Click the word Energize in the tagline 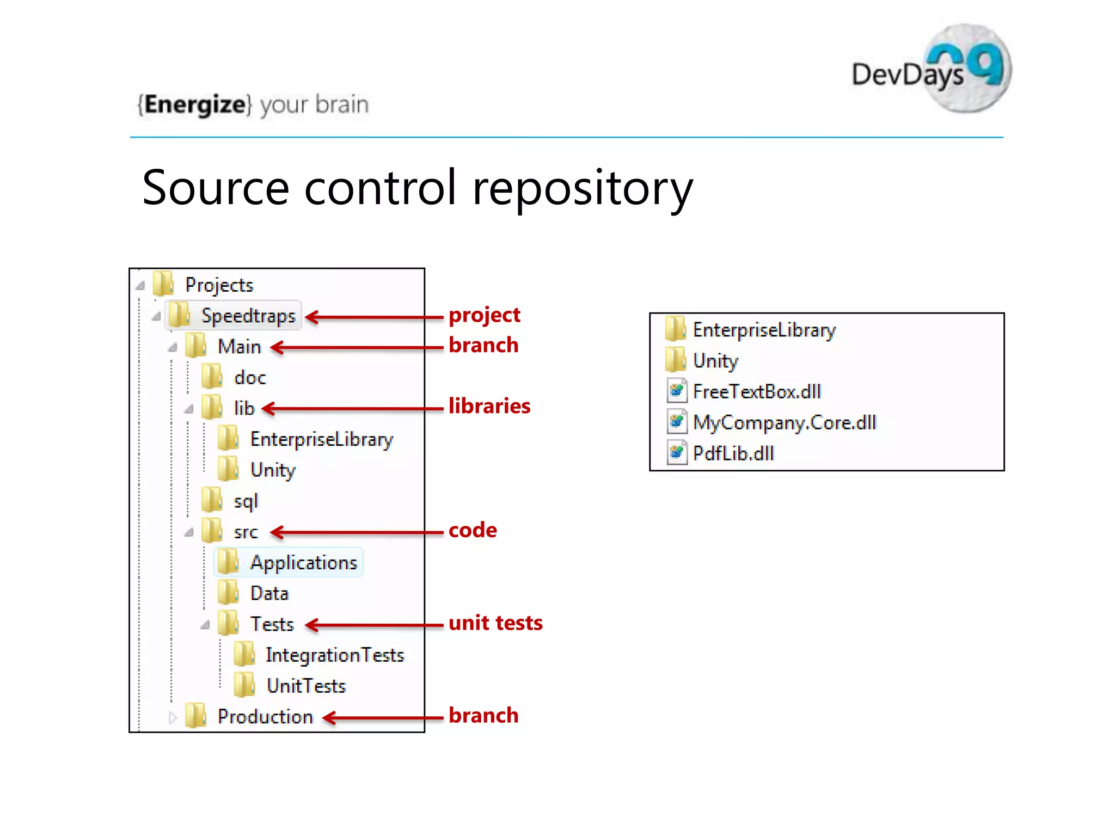click(195, 104)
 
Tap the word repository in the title click(583, 188)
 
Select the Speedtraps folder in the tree click(248, 316)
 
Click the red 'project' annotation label click(484, 315)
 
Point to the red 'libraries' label click(489, 406)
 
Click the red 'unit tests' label click(495, 623)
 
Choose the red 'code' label click(473, 530)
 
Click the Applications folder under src click(303, 562)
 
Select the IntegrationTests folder click(334, 655)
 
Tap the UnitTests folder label click(306, 686)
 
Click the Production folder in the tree click(265, 717)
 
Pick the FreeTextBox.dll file click(756, 392)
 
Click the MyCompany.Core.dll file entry click(784, 423)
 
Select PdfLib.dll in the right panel click(733, 453)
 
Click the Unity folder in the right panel click(715, 361)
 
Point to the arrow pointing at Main click(357, 347)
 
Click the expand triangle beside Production click(173, 717)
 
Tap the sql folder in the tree click(245, 501)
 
